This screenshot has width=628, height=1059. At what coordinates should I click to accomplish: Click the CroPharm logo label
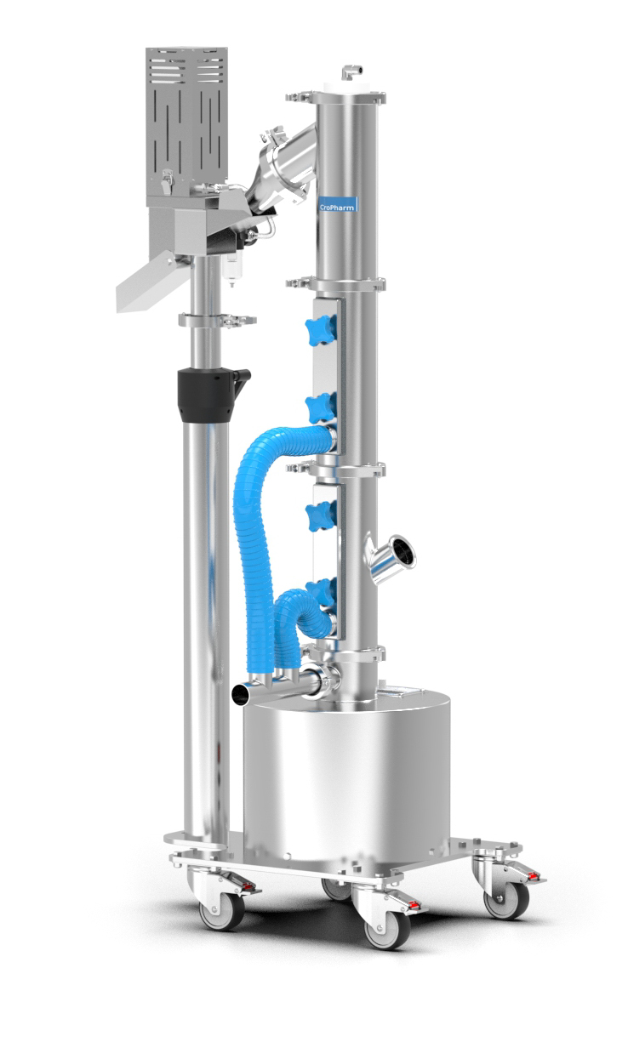click(338, 204)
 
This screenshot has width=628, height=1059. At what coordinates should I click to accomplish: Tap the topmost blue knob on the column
click(320, 330)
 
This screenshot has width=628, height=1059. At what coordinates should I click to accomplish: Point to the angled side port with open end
click(390, 558)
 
